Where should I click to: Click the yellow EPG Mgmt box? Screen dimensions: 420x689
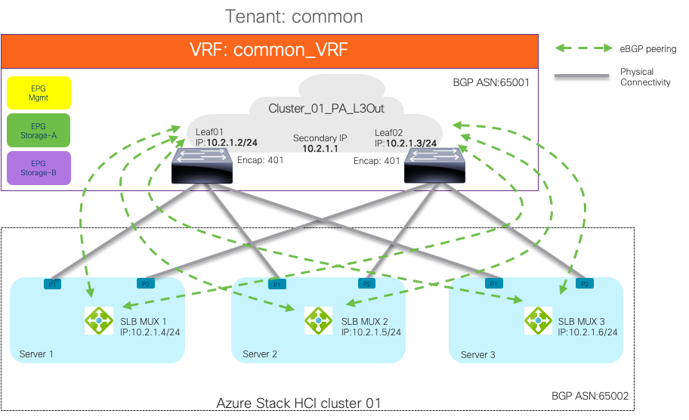coord(38,93)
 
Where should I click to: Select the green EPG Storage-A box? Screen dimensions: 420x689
coord(38,131)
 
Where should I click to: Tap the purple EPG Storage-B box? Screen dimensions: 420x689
coord(38,168)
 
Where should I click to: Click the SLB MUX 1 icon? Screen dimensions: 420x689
coord(99,320)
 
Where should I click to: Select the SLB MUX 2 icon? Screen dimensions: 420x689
coord(318,320)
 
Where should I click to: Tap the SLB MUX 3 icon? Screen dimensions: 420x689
coord(538,320)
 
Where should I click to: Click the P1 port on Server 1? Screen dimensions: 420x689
coord(54,284)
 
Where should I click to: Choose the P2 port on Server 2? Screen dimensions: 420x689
coord(366,284)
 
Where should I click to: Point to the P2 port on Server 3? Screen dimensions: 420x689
coord(583,284)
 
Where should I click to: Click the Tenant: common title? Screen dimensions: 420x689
coord(295,16)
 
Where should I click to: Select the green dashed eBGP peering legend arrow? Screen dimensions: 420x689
coord(582,49)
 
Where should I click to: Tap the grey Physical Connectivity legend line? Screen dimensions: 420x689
coord(582,76)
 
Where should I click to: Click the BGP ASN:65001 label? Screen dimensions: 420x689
coord(492,82)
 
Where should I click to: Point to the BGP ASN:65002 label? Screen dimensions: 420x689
coord(589,395)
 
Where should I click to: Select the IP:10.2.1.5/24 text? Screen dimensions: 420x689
coord(371,332)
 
